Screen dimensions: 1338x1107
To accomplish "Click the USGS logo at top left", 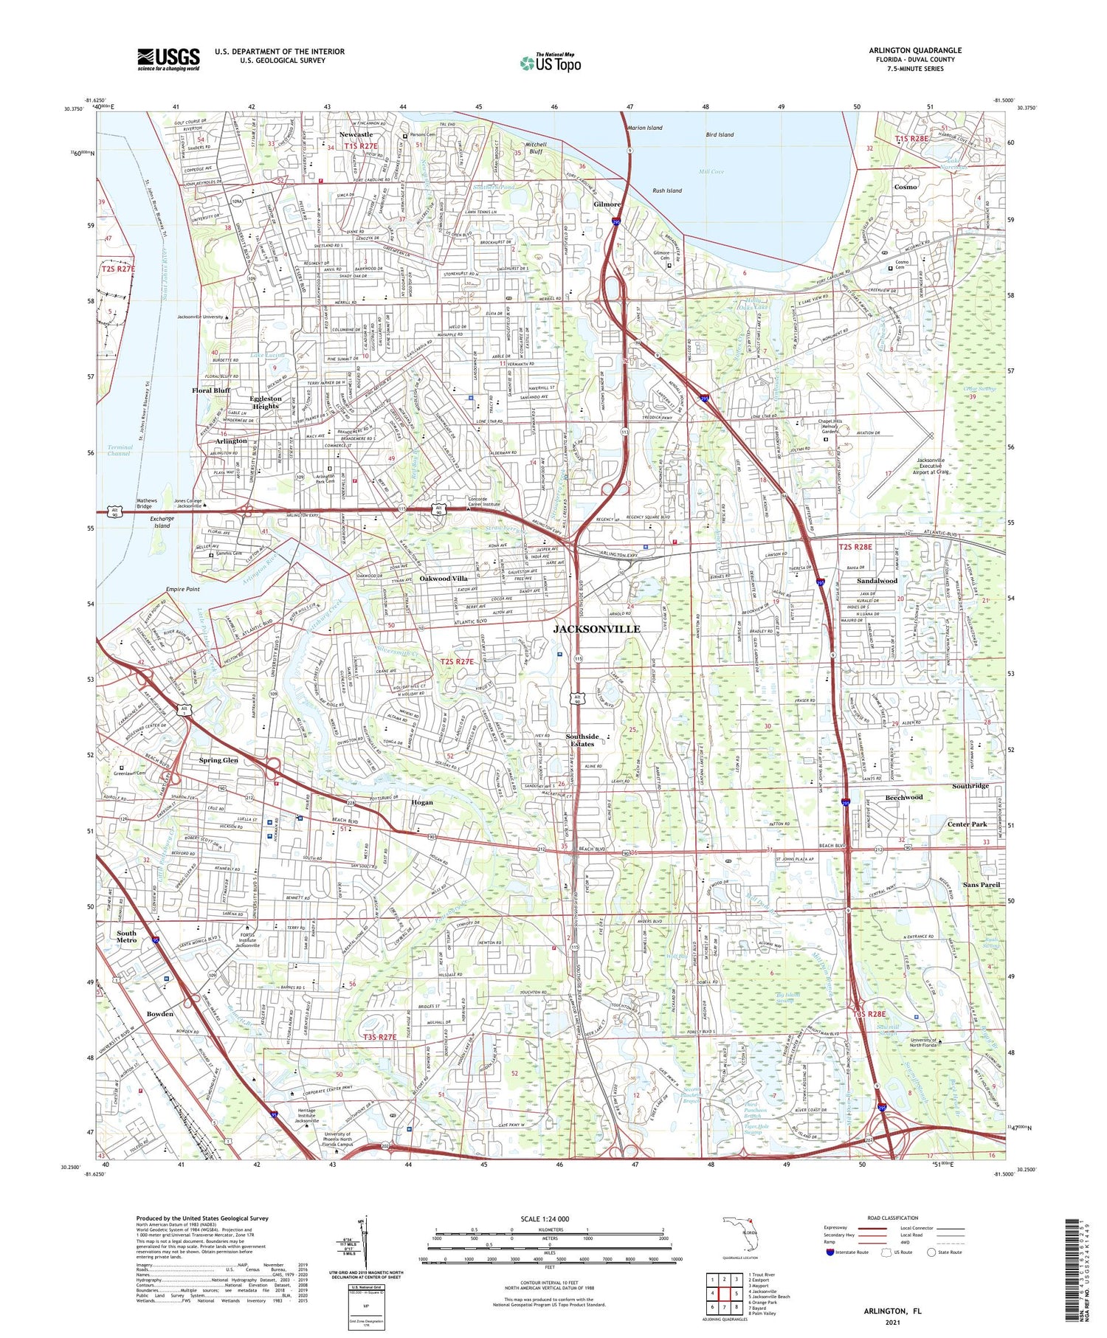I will click(x=168, y=59).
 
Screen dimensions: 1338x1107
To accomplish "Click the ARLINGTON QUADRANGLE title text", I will click(x=914, y=50).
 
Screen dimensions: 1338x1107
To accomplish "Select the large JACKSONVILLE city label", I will click(x=596, y=629).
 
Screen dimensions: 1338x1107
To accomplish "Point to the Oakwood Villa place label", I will click(x=444, y=579).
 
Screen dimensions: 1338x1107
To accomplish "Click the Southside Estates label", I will click(x=582, y=740).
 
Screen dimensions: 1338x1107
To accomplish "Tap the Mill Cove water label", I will click(x=711, y=172).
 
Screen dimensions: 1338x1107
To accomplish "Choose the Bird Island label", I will click(x=720, y=134).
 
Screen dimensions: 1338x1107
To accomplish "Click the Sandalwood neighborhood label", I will click(x=877, y=581).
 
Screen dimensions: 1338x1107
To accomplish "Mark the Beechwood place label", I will click(x=903, y=797).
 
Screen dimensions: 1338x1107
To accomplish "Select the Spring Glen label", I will click(x=218, y=759).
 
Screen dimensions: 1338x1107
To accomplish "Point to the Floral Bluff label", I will click(x=211, y=390).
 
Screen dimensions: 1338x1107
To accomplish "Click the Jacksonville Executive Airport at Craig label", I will click(x=931, y=466).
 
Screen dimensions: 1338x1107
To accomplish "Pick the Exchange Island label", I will click(x=162, y=522).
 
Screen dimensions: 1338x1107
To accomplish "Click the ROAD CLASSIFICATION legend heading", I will click(x=892, y=1218).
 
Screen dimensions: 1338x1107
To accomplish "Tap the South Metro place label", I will click(x=126, y=937).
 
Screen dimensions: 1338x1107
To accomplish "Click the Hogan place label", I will click(x=422, y=802).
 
